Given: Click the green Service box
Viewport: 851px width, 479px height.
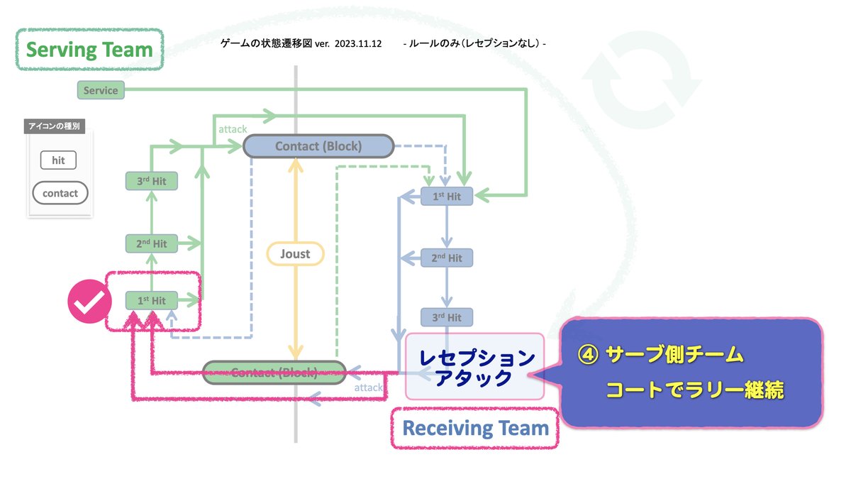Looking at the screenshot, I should (100, 90).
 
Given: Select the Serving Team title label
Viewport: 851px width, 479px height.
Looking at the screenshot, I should (89, 50).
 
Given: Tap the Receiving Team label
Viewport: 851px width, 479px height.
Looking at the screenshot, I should (475, 429).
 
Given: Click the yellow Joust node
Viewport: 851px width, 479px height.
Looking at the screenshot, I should (294, 253).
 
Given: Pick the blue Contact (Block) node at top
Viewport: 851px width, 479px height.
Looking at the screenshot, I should (318, 146).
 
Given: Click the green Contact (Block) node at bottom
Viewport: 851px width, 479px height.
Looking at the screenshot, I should (274, 372).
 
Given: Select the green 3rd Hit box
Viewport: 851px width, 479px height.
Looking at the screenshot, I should (151, 181).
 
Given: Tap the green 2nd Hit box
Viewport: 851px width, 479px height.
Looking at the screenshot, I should (151, 243).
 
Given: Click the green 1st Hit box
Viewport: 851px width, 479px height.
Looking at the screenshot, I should (151, 301).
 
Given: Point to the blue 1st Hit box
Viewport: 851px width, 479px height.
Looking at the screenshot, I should (447, 196).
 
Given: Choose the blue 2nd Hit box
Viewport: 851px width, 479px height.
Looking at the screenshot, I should (447, 258).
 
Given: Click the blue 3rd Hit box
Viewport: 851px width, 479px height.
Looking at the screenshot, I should (447, 317).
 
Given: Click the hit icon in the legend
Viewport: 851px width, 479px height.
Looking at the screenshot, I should (58, 160).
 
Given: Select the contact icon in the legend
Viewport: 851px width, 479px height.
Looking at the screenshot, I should (60, 193).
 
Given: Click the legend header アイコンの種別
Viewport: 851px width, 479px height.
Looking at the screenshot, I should (53, 128).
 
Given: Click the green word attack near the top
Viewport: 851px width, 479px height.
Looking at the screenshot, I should (233, 129).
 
